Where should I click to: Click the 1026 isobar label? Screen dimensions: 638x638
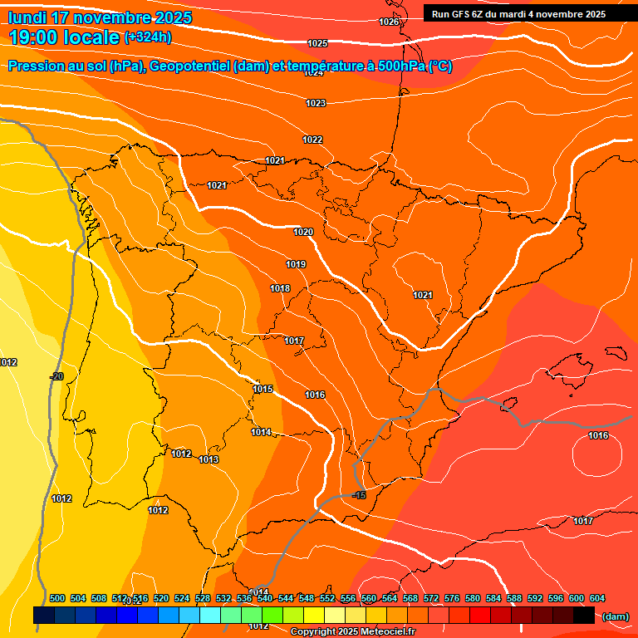[389, 22]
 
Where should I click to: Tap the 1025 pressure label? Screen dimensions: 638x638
[317, 43]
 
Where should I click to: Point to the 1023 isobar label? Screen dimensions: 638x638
[315, 103]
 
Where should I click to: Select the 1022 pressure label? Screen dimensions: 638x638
[312, 140]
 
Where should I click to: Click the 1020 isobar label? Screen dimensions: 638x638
[303, 232]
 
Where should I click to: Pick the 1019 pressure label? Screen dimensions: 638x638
[296, 264]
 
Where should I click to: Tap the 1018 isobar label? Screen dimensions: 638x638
[280, 288]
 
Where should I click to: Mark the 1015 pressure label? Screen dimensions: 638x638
[263, 389]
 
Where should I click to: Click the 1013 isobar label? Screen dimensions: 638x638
[209, 459]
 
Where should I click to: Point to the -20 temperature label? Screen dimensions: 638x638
[56, 376]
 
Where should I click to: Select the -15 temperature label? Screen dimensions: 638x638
[359, 495]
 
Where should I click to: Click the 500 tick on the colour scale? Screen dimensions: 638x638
[57, 598]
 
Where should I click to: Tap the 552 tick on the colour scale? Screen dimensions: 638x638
[327, 598]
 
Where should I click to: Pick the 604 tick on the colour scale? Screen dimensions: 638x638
[597, 598]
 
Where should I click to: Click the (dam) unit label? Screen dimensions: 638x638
[616, 616]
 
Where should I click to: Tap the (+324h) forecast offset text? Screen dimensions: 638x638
[148, 37]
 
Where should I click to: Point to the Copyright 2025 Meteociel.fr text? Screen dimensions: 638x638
[353, 632]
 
